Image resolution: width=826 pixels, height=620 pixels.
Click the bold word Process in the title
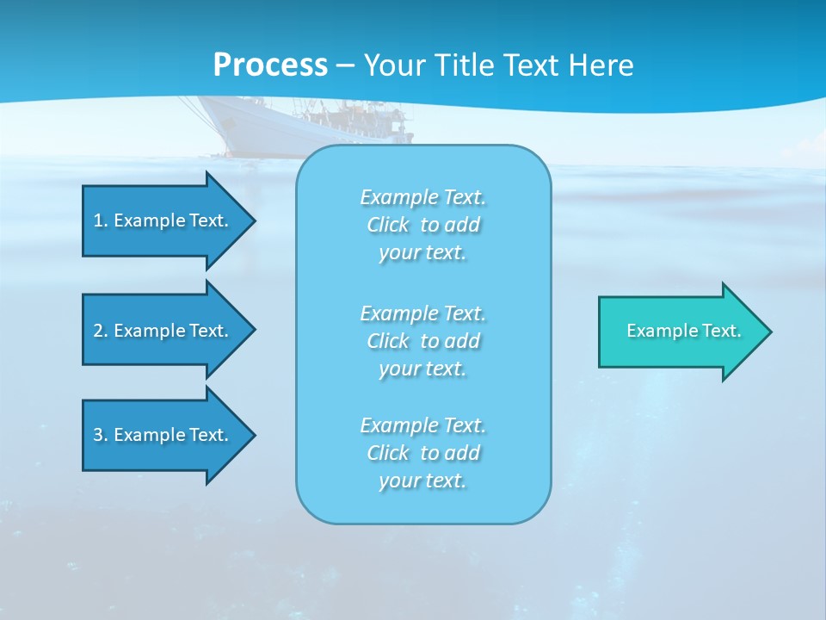click(x=270, y=65)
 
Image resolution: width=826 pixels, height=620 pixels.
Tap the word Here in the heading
click(x=601, y=65)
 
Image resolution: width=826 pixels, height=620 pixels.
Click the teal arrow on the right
click(x=680, y=331)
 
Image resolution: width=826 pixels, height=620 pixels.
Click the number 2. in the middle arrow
click(x=101, y=331)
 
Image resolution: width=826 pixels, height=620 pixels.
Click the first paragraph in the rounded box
click(x=422, y=225)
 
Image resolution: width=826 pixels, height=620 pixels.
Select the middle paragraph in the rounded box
click(x=422, y=341)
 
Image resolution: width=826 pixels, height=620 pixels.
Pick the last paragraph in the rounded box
click(x=422, y=453)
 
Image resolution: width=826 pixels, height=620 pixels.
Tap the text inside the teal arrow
click(x=683, y=331)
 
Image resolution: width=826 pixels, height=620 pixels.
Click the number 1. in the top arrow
click(x=101, y=220)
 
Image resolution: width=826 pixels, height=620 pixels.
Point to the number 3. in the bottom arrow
click(x=101, y=435)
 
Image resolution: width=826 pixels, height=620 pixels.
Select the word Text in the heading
click(x=530, y=65)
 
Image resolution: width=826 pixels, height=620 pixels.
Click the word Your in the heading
click(x=394, y=65)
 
